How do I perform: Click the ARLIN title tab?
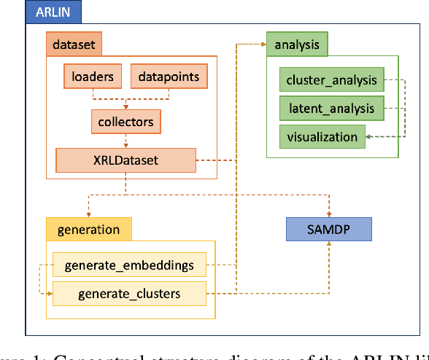[53, 12]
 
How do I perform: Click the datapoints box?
[169, 76]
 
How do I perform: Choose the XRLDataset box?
[126, 160]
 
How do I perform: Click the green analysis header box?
[297, 44]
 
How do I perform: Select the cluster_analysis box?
[332, 80]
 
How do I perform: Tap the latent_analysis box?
[331, 109]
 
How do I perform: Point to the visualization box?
[322, 136]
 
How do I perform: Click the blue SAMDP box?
[329, 230]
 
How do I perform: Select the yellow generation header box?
[89, 230]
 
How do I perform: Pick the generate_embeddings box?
[129, 265]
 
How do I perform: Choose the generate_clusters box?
[129, 294]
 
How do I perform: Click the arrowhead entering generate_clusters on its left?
[50, 294]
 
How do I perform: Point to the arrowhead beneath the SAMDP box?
[330, 246]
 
